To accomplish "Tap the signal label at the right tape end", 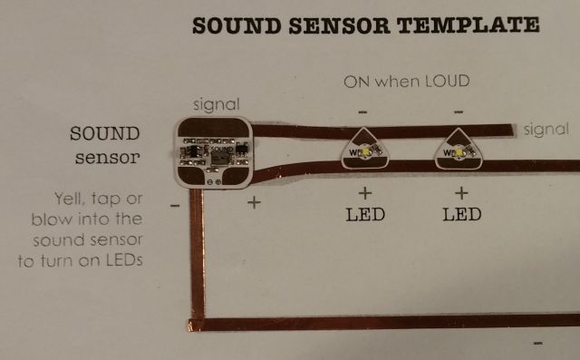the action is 547,130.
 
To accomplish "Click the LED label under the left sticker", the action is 366,216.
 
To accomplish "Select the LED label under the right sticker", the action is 460,216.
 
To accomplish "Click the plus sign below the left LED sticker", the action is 365,193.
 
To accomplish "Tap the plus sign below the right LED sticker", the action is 460,193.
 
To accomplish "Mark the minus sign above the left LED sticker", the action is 362,112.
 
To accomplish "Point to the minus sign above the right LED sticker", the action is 459,112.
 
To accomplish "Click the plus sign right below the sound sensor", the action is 254,200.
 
